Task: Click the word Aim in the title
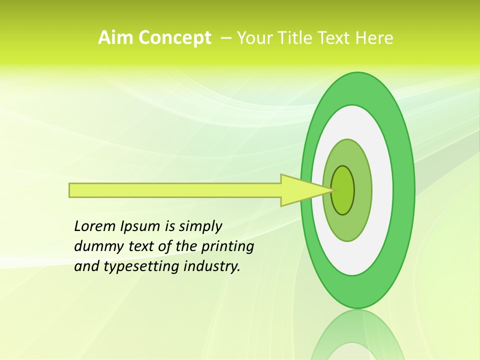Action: click(x=115, y=38)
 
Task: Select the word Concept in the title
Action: click(x=174, y=38)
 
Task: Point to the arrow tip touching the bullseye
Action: click(x=332, y=190)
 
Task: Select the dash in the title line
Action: click(x=225, y=38)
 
